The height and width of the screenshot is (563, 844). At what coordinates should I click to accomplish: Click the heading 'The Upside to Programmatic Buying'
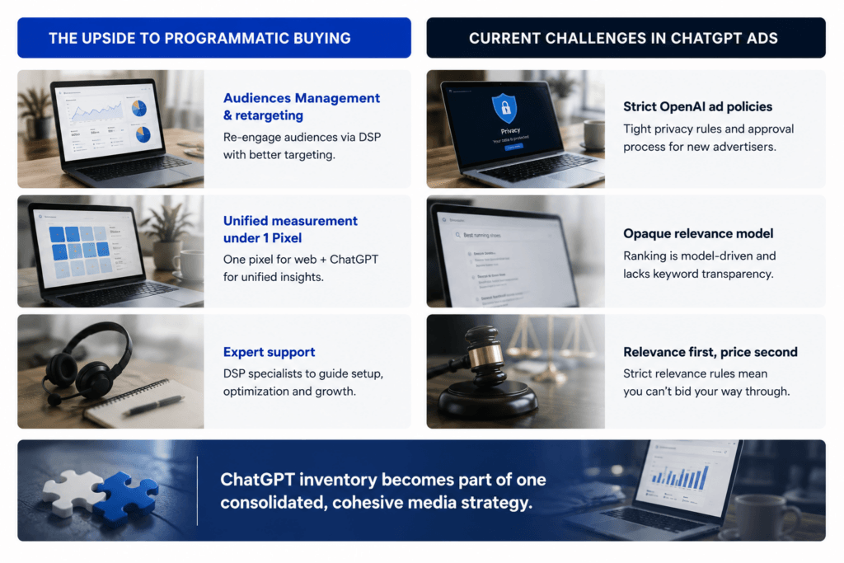point(199,38)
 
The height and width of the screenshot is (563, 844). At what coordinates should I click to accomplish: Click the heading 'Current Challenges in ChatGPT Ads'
point(623,38)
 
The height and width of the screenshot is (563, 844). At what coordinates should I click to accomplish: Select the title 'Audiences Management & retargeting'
point(302,106)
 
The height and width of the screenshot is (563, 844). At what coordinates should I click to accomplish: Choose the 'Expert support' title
point(270,352)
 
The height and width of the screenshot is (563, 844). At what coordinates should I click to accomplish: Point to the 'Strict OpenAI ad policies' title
point(697,106)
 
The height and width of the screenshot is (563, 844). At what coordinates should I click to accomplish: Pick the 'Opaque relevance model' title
point(698,233)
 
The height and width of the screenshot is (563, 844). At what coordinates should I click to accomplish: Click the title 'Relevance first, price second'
point(710,352)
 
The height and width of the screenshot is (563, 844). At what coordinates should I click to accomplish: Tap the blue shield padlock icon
point(505,108)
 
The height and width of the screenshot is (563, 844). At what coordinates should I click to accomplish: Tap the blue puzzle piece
point(127,496)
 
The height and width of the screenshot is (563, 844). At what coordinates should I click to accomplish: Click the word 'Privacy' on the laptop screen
point(510,131)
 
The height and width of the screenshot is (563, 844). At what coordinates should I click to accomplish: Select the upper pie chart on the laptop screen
point(138,109)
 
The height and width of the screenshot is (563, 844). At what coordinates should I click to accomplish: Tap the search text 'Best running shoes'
point(481,235)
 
